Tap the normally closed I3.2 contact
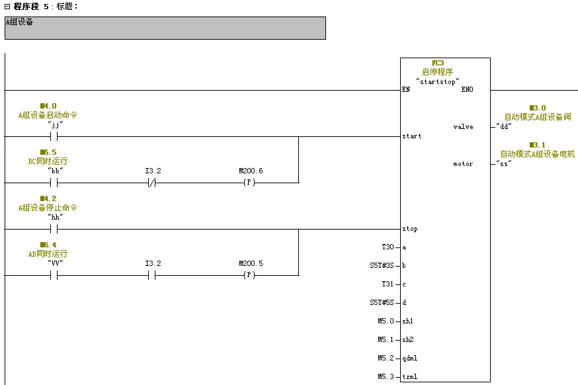(153, 183)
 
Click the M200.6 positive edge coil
(249, 183)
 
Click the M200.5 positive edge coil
(249, 275)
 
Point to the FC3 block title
(437, 63)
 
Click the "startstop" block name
(437, 80)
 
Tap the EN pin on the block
(406, 89)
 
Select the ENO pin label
(467, 89)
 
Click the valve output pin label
(463, 126)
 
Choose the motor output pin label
(463, 163)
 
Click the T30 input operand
(388, 247)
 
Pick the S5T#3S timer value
(382, 265)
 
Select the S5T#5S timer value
(382, 302)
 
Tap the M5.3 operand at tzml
(386, 376)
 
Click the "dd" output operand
(505, 126)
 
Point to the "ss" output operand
(505, 163)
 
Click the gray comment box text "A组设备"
(20, 22)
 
